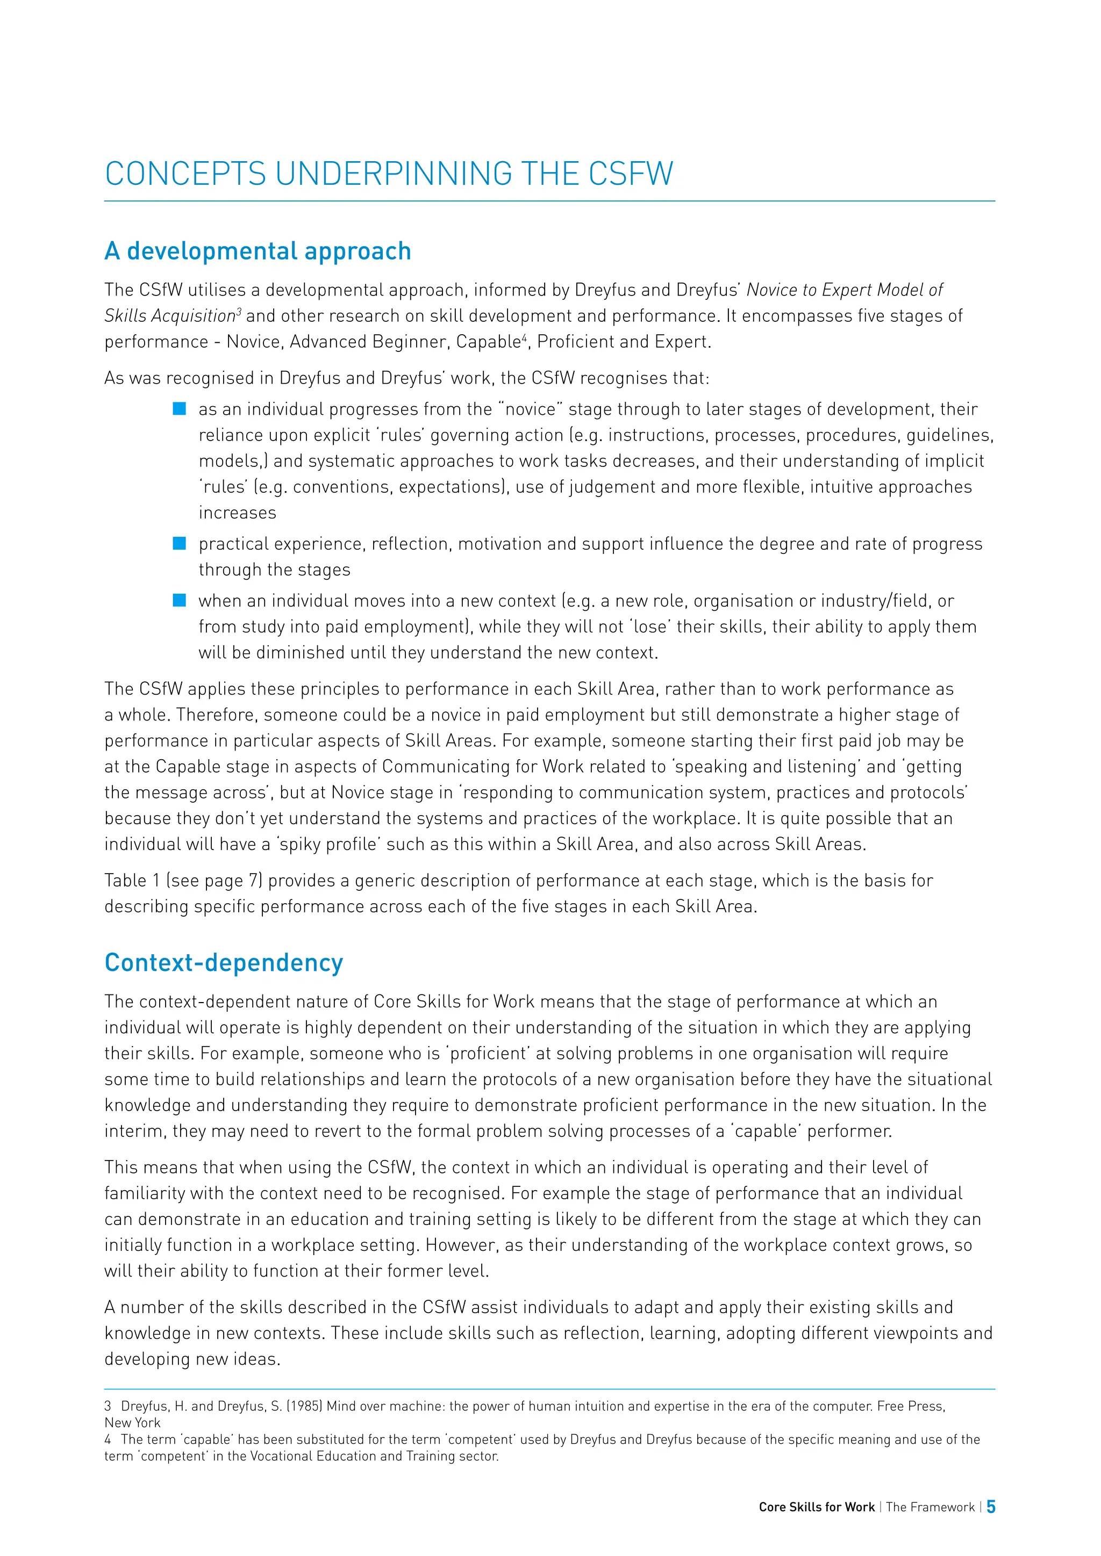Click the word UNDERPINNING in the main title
[393, 174]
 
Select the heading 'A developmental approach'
[258, 251]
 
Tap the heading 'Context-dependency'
[224, 962]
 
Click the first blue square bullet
[179, 409]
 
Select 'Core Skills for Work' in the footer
[816, 1507]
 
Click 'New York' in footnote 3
[132, 1423]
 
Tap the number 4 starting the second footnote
[108, 1439]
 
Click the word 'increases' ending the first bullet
[237, 513]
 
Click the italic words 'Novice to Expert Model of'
[844, 290]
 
